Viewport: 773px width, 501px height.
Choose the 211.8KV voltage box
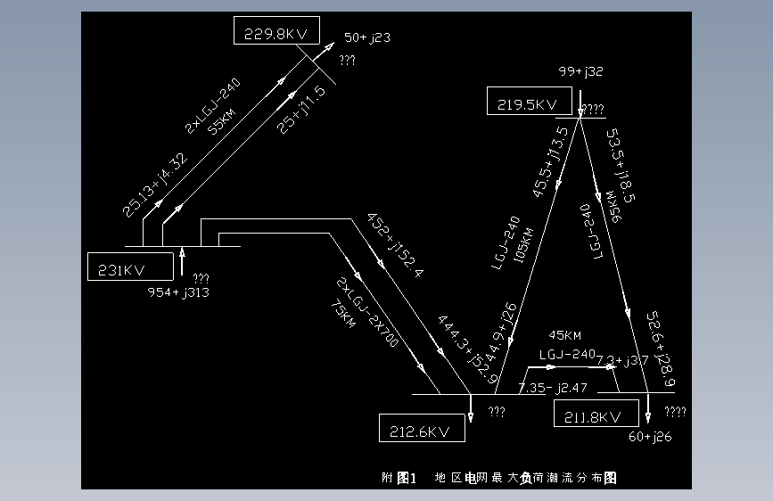click(596, 414)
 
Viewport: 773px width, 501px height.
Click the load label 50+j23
click(367, 37)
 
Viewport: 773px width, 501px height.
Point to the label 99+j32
click(581, 71)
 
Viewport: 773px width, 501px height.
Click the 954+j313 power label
click(179, 292)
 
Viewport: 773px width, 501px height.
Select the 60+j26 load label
click(650, 436)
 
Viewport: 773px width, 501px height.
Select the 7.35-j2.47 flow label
click(552, 389)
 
